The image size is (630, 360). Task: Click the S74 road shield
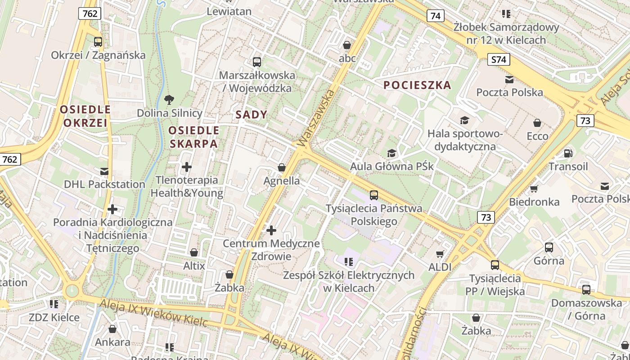pyautogui.click(x=499, y=59)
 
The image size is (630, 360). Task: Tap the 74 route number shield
pyautogui.click(x=435, y=16)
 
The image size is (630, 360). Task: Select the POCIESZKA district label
pyautogui.click(x=417, y=85)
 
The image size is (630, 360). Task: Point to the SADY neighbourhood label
pyautogui.click(x=252, y=115)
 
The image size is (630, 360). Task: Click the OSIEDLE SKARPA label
pyautogui.click(x=193, y=137)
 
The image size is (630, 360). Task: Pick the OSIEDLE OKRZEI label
pyautogui.click(x=85, y=116)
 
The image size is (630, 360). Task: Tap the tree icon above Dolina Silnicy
pyautogui.click(x=169, y=99)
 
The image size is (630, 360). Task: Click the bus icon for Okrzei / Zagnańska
pyautogui.click(x=98, y=42)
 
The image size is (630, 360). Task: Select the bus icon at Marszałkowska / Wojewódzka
pyautogui.click(x=257, y=62)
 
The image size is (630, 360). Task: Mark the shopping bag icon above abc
pyautogui.click(x=347, y=45)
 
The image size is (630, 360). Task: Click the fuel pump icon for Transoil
pyautogui.click(x=568, y=153)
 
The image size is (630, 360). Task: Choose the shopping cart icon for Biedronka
pyautogui.click(x=534, y=189)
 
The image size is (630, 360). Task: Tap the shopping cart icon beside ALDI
pyautogui.click(x=440, y=254)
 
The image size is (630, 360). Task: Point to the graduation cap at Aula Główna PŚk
pyautogui.click(x=392, y=153)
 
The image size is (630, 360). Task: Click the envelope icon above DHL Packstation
pyautogui.click(x=104, y=171)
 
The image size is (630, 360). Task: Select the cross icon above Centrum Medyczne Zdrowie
pyautogui.click(x=271, y=230)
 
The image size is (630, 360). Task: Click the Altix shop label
pyautogui.click(x=194, y=265)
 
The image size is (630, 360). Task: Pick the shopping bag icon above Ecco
pyautogui.click(x=537, y=123)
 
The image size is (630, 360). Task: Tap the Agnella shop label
pyautogui.click(x=282, y=181)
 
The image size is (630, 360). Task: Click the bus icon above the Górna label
pyautogui.click(x=549, y=247)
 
